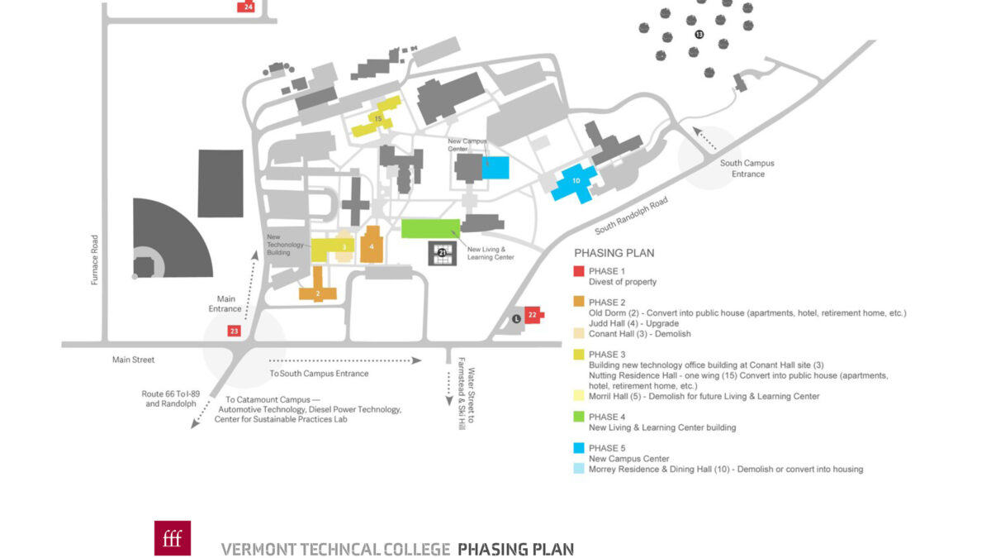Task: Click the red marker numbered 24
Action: pyautogui.click(x=246, y=7)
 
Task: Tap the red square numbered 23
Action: pyautogui.click(x=234, y=331)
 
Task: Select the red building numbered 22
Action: pyautogui.click(x=534, y=315)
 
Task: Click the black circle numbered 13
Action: pyautogui.click(x=699, y=34)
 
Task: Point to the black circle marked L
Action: pyautogui.click(x=516, y=319)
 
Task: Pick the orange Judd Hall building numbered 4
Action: pyautogui.click(x=372, y=245)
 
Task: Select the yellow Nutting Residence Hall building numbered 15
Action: pyautogui.click(x=377, y=117)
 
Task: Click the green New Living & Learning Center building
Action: pyautogui.click(x=430, y=228)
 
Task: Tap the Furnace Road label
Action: pyautogui.click(x=94, y=260)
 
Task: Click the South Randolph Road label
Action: pyautogui.click(x=631, y=216)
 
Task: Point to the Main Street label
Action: pyautogui.click(x=133, y=360)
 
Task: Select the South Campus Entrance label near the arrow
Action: pyautogui.click(x=747, y=169)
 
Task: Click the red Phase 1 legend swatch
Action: pyautogui.click(x=579, y=271)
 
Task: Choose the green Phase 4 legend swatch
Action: pyautogui.click(x=579, y=417)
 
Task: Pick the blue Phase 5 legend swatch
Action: pyautogui.click(x=579, y=448)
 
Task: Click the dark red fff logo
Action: pyautogui.click(x=173, y=538)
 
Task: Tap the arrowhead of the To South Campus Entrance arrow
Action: pyautogui.click(x=416, y=360)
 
